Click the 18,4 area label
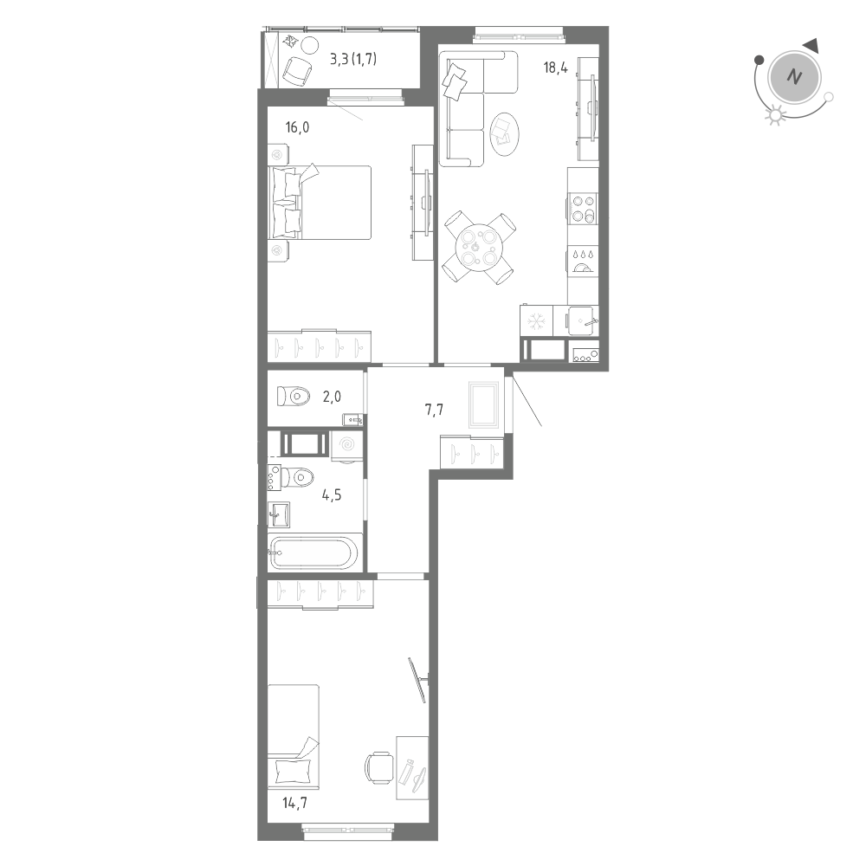click(x=555, y=66)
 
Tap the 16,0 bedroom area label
click(x=298, y=128)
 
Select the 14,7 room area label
click(x=295, y=803)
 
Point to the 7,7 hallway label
click(x=435, y=410)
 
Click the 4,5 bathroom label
click(x=331, y=496)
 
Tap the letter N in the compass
click(x=792, y=77)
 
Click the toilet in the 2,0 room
click(x=294, y=397)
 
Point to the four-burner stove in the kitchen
click(x=583, y=209)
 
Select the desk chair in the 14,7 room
click(x=379, y=766)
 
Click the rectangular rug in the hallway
click(x=482, y=404)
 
